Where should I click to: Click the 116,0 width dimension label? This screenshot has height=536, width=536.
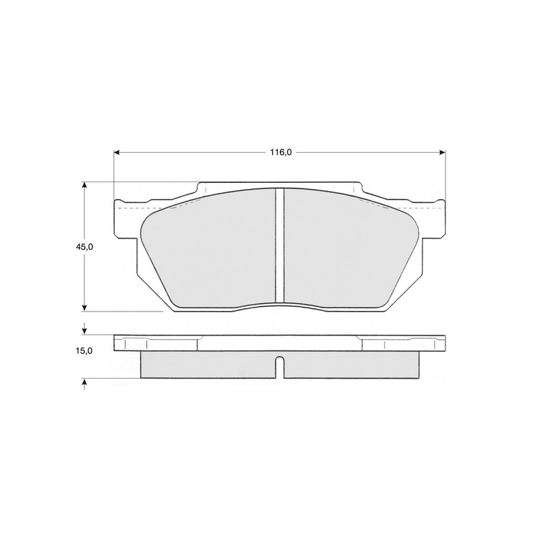tap(281, 153)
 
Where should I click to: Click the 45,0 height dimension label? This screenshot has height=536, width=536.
tap(84, 247)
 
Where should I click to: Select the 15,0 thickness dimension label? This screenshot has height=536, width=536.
tap(84, 350)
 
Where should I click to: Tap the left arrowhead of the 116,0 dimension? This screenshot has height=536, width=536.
tap(117, 153)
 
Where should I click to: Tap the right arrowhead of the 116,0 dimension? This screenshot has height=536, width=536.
tap(442, 153)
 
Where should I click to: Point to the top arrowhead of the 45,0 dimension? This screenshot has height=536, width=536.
tap(84, 185)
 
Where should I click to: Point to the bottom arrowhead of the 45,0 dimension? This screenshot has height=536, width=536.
tap(84, 308)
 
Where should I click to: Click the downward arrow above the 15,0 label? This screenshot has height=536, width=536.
tap(84, 329)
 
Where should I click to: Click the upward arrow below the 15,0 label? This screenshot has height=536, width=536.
tap(84, 384)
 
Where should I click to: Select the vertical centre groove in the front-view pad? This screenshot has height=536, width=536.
tap(280, 245)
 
